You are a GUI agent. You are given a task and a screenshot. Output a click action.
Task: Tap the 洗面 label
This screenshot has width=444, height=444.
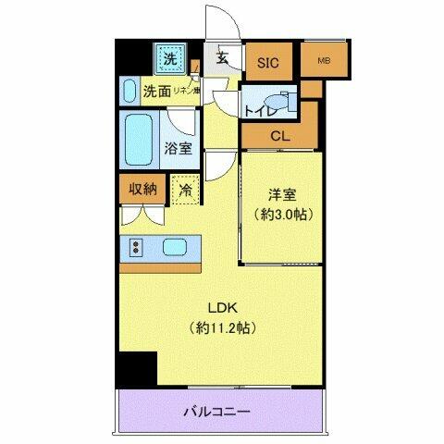(156, 92)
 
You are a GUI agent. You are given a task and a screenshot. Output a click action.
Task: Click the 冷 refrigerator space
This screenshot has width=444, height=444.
(184, 191)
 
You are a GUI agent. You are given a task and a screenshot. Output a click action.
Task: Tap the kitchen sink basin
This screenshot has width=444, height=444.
(177, 247)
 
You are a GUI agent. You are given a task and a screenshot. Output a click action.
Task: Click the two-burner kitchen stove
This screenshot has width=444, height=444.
(136, 247)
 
